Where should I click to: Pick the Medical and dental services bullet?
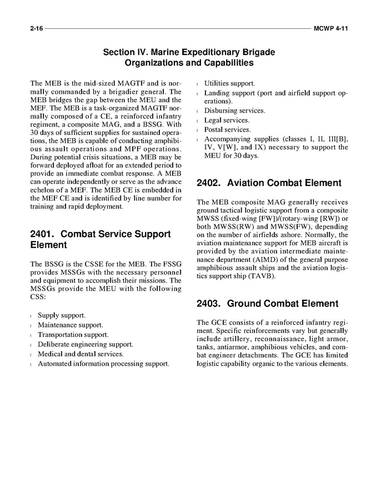tap(81, 354)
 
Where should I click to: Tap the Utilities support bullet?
tap(229, 83)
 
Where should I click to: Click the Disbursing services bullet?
tap(234, 110)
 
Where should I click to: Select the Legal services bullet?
tap(227, 120)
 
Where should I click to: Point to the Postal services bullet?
tap(227, 130)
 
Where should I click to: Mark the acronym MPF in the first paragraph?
tap(121, 150)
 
